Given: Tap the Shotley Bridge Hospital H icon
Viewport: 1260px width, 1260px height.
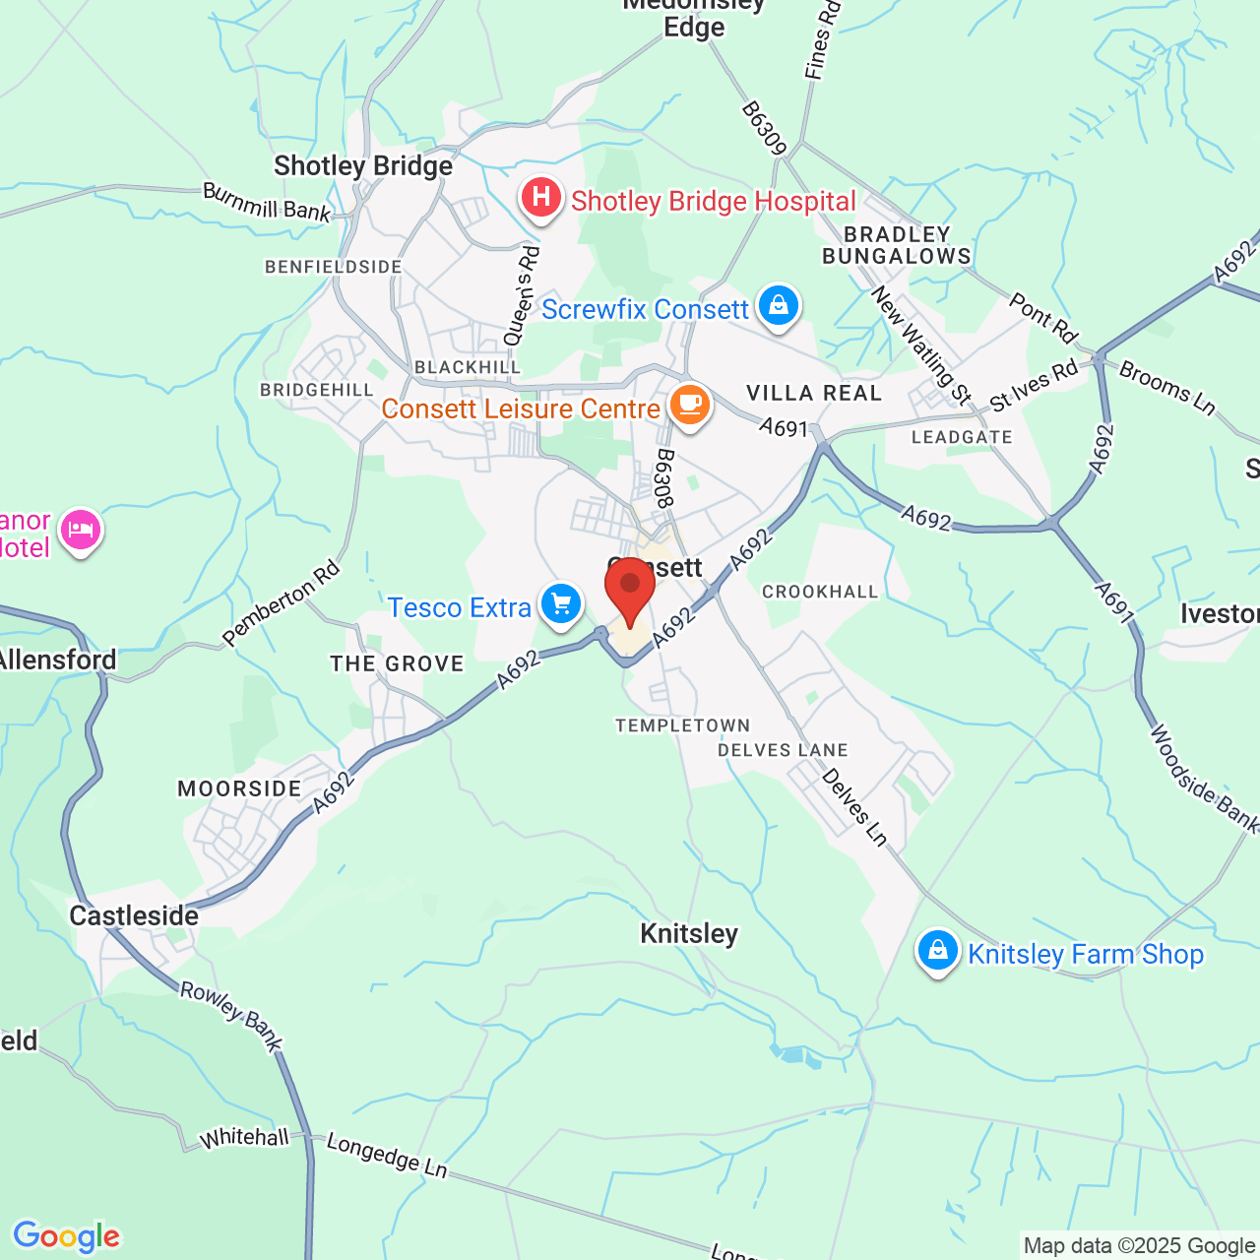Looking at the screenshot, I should [x=540, y=197].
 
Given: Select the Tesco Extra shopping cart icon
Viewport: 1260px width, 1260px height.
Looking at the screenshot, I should [x=561, y=604].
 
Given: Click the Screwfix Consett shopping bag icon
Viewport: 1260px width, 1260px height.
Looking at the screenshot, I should [x=779, y=305].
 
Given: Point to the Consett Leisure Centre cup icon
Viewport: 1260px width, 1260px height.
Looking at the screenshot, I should [x=690, y=404].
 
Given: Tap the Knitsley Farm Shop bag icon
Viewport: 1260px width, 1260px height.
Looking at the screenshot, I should [x=937, y=951].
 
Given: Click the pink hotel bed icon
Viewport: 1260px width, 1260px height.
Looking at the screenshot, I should [x=81, y=530].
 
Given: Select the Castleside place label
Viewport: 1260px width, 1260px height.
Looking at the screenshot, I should [x=134, y=915].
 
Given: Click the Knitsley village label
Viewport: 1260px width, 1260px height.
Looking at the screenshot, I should [x=689, y=933].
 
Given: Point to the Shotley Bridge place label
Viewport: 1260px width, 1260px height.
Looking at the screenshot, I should [x=363, y=165].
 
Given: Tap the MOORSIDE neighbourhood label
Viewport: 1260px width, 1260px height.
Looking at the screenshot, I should [x=239, y=788].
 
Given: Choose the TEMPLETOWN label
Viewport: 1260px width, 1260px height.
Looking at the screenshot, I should [x=682, y=725].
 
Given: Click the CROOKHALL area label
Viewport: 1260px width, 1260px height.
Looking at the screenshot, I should [x=820, y=592].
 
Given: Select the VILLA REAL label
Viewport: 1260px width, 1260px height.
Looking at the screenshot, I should [x=814, y=394].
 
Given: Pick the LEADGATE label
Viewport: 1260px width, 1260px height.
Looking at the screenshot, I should [x=962, y=437].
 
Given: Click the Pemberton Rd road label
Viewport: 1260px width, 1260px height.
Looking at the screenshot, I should [x=282, y=603].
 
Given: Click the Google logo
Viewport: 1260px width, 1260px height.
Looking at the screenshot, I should [x=66, y=1236].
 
